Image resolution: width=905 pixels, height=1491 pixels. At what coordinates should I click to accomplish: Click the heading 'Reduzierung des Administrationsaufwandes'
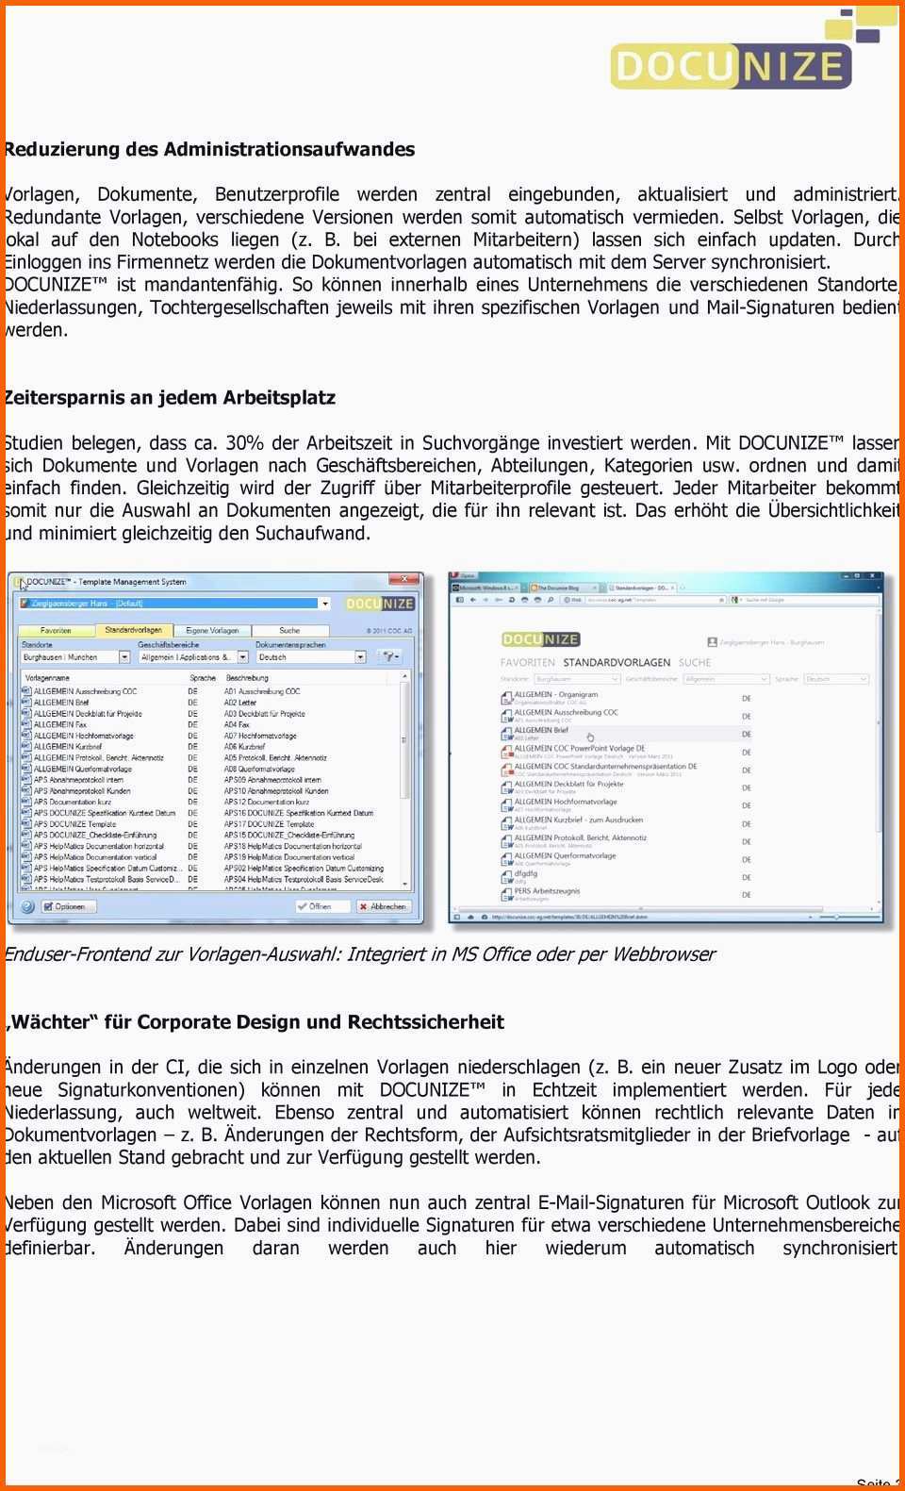point(209,149)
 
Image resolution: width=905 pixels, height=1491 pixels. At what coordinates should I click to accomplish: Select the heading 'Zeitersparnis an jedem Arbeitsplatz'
point(170,397)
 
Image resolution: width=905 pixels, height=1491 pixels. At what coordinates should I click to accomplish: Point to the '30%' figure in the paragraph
point(244,442)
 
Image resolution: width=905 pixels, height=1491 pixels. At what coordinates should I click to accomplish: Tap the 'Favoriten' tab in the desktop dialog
point(56,630)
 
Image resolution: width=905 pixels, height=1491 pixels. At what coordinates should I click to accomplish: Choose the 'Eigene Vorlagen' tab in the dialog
point(212,630)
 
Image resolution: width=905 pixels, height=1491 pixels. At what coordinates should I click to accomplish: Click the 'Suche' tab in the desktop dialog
point(289,630)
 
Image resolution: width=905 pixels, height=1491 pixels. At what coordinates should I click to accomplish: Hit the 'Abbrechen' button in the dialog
point(383,905)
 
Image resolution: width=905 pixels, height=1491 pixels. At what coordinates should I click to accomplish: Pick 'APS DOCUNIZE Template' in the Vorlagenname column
point(75,823)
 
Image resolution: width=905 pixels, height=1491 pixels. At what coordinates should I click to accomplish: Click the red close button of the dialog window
point(406,579)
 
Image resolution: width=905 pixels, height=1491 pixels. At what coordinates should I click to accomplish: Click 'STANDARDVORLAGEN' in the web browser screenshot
point(617,662)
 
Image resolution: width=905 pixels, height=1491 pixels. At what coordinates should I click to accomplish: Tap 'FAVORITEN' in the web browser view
point(527,662)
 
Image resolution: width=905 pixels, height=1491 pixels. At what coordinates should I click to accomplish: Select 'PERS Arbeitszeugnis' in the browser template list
point(547,890)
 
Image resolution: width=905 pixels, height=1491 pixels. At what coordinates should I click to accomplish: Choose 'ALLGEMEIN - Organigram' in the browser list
point(556,694)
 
